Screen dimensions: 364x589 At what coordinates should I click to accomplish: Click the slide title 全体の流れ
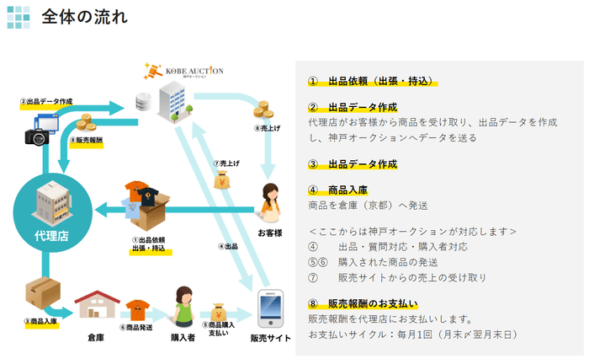(84, 18)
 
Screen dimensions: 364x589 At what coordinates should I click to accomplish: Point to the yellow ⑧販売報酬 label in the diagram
(86, 142)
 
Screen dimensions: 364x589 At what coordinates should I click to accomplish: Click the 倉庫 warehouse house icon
(95, 304)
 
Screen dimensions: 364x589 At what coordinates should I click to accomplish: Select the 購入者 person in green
(184, 304)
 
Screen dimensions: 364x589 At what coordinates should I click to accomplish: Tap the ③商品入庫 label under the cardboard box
(40, 321)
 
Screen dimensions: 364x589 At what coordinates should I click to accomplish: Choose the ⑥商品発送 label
(135, 327)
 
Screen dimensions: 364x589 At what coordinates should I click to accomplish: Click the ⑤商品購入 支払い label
(221, 329)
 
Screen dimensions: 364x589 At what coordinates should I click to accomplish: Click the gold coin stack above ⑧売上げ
(263, 110)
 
